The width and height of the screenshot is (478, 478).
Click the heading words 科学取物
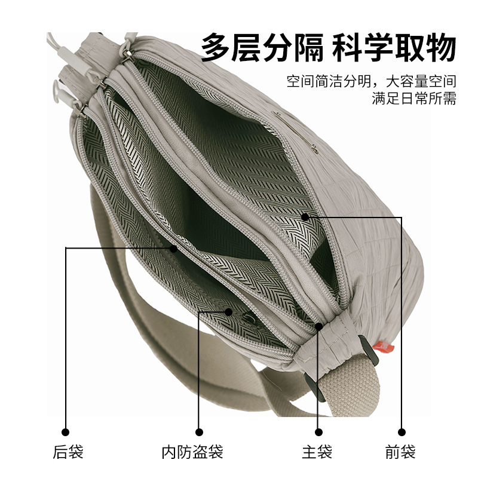394,48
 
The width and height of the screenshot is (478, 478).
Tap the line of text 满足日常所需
413,98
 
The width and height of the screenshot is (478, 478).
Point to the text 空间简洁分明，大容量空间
371,81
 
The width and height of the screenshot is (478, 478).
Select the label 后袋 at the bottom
66,452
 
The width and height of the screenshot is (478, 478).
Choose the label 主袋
317,452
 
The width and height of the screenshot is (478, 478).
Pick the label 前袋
400,452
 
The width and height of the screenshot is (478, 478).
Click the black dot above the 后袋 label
66,431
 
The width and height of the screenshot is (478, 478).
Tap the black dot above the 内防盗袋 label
200,431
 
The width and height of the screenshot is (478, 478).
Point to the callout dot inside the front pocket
305,216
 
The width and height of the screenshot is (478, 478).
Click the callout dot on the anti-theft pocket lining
229,311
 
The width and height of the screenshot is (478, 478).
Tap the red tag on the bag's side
382,345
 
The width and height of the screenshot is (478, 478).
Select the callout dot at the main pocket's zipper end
320,326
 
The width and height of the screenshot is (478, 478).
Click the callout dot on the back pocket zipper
173,248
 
